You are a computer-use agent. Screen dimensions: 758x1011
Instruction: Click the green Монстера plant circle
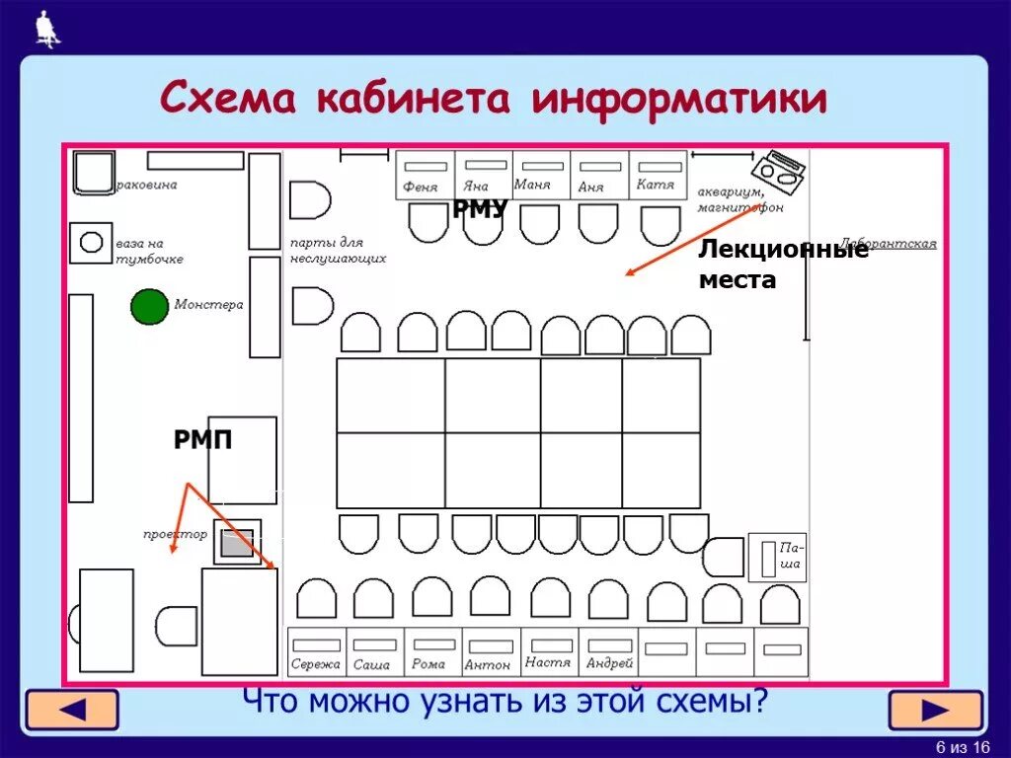[x=149, y=306]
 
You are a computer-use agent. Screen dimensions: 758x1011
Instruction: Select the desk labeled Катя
[x=658, y=175]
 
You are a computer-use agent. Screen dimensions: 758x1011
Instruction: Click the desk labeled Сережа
[x=316, y=653]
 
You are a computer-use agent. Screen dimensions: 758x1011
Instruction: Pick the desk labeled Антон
[x=491, y=653]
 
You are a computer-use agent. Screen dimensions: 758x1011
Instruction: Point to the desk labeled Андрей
[x=608, y=653]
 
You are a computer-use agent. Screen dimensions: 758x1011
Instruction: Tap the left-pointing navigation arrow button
[x=71, y=711]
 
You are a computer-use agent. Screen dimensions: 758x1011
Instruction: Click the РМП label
[x=203, y=440]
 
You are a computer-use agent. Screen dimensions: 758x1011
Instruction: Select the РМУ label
[x=480, y=208]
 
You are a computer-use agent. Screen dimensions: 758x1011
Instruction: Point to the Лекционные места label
[x=783, y=265]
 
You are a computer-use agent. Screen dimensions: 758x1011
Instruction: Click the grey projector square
[x=237, y=543]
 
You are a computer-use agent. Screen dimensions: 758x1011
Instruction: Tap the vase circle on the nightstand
[x=91, y=242]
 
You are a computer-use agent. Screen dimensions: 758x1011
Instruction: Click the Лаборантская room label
[x=888, y=244]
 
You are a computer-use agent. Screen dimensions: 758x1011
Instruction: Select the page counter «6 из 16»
[x=962, y=746]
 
